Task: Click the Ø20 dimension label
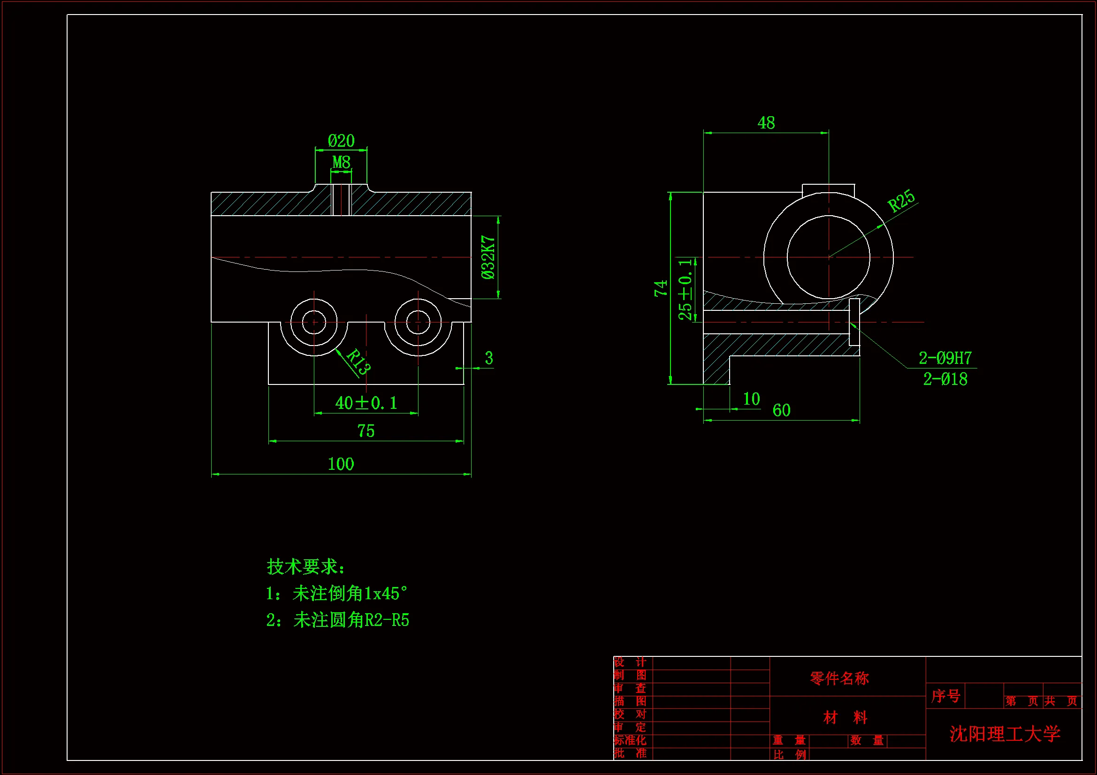coord(341,141)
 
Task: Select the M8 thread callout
coord(341,162)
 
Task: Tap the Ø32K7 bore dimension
coord(488,257)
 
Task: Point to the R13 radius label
coord(358,361)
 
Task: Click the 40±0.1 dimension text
coord(366,403)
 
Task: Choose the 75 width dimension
coord(366,431)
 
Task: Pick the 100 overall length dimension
coord(341,464)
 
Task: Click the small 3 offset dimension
coord(489,358)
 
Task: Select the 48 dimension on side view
coord(766,123)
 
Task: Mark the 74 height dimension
coord(661,288)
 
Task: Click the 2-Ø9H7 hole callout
coord(945,358)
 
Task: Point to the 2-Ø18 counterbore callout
coord(945,379)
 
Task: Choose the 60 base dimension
coord(781,411)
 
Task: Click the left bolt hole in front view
coord(314,322)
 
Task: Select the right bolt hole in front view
coord(418,322)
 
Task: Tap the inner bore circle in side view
coord(829,257)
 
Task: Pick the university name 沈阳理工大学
coord(1004,734)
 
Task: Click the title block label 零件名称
coord(839,678)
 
